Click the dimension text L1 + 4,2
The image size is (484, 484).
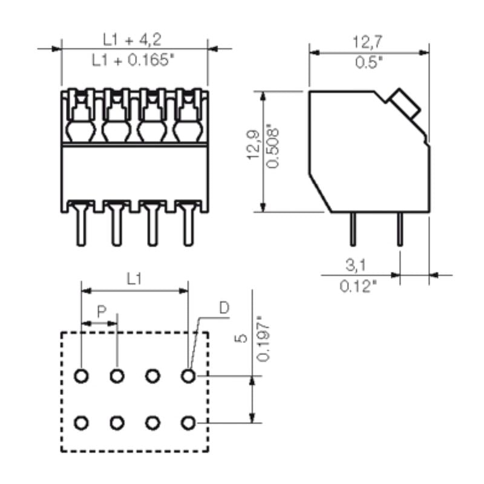pyautogui.click(x=134, y=39)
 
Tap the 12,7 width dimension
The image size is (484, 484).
pyautogui.click(x=368, y=41)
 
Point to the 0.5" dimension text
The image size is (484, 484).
pyautogui.click(x=368, y=63)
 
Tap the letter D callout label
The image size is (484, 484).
pyautogui.click(x=224, y=309)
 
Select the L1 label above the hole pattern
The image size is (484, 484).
pyautogui.click(x=134, y=279)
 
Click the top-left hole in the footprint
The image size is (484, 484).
pyautogui.click(x=82, y=376)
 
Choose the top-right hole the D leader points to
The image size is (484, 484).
pyautogui.click(x=188, y=376)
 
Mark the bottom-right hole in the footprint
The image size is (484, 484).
pyautogui.click(x=188, y=422)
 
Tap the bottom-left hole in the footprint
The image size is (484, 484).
pyautogui.click(x=82, y=422)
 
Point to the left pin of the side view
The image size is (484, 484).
pyautogui.click(x=353, y=229)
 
